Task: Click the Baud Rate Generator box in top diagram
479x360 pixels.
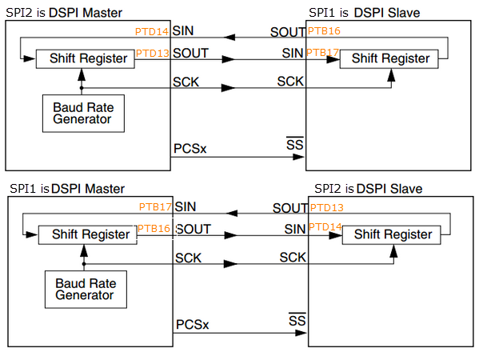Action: pyautogui.click(x=83, y=114)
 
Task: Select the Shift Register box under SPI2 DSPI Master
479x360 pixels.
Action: pyautogui.click(x=82, y=58)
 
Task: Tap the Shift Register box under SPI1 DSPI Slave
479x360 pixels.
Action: pyautogui.click(x=389, y=58)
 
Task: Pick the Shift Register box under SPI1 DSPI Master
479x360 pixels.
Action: pyautogui.click(x=85, y=234)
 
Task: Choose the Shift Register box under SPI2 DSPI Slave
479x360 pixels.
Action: pyautogui.click(x=392, y=234)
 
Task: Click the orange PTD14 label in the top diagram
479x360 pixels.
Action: pyautogui.click(x=153, y=31)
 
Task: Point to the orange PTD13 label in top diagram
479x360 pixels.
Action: pyautogui.click(x=153, y=53)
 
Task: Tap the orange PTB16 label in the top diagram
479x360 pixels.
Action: pyautogui.click(x=323, y=31)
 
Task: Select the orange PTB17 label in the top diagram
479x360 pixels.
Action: pyautogui.click(x=323, y=53)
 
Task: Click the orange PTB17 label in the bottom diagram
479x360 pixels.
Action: pyautogui.click(x=155, y=207)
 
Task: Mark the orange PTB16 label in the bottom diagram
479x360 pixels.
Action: pyautogui.click(x=155, y=229)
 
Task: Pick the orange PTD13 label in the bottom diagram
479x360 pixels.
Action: pyautogui.click(x=326, y=207)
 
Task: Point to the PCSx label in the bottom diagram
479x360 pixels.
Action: pyautogui.click(x=192, y=325)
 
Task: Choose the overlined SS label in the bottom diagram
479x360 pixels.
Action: pyautogui.click(x=297, y=321)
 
